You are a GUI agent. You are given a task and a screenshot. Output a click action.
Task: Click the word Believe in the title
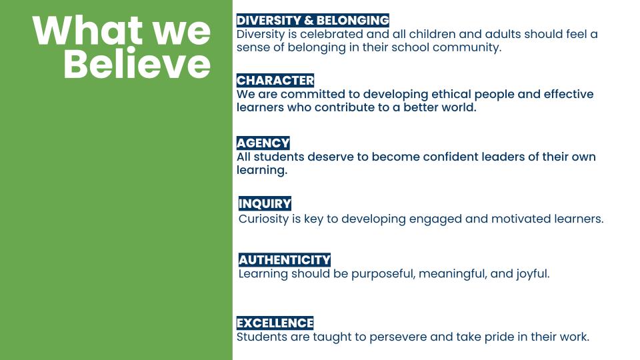(x=137, y=64)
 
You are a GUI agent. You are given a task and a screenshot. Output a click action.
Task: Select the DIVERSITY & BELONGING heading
(x=313, y=21)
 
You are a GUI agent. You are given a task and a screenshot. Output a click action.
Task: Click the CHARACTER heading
(x=275, y=81)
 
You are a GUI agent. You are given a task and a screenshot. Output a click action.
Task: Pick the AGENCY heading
(x=263, y=143)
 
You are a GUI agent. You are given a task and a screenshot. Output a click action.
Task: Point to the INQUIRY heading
(x=265, y=204)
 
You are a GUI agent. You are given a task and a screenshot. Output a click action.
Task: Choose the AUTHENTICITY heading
(x=285, y=260)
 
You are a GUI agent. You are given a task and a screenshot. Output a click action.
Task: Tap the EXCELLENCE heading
(x=275, y=323)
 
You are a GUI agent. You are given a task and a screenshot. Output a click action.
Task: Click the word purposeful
(x=383, y=274)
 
